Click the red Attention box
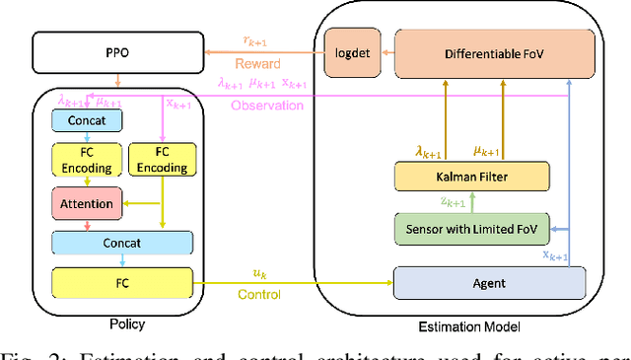point(89,203)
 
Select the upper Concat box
point(89,120)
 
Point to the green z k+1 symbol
point(453,202)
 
